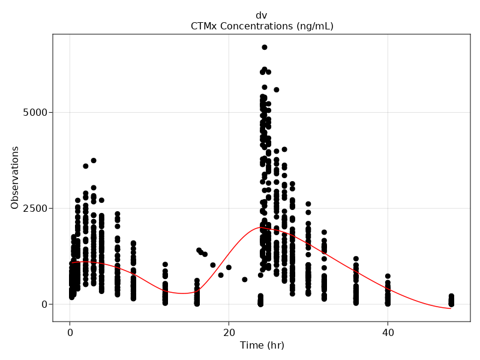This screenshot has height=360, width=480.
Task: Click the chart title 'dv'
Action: [262, 16]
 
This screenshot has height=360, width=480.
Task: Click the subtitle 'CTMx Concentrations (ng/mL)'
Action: [262, 26]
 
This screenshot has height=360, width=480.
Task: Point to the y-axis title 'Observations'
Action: [16, 178]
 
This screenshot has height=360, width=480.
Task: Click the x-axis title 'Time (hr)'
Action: [262, 346]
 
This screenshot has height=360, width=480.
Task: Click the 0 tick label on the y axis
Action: [44, 304]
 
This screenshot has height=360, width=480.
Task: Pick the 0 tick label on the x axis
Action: [70, 332]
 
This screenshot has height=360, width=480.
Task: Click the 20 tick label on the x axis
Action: [229, 332]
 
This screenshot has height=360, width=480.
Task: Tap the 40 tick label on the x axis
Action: [388, 332]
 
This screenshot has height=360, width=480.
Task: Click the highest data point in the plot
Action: [264, 47]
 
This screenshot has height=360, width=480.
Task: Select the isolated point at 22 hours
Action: [245, 280]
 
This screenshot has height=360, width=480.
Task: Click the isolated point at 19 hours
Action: [221, 275]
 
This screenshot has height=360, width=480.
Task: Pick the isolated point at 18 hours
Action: [213, 265]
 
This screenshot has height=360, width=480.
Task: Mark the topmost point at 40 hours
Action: [388, 276]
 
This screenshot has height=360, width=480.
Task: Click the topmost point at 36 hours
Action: [356, 259]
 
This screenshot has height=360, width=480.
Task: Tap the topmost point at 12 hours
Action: [165, 265]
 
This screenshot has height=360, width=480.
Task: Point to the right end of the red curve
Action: [451, 309]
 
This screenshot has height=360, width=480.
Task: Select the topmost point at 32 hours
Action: [324, 232]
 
